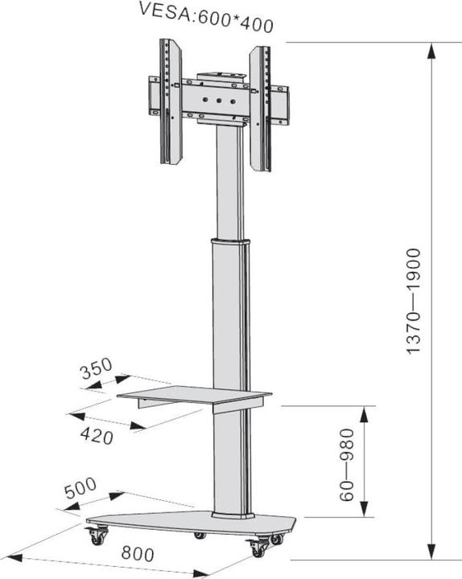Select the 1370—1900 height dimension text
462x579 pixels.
pos(414,301)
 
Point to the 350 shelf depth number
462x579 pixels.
pos(97,372)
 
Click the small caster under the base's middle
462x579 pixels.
pos(200,536)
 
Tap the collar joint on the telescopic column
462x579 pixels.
pos(229,240)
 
